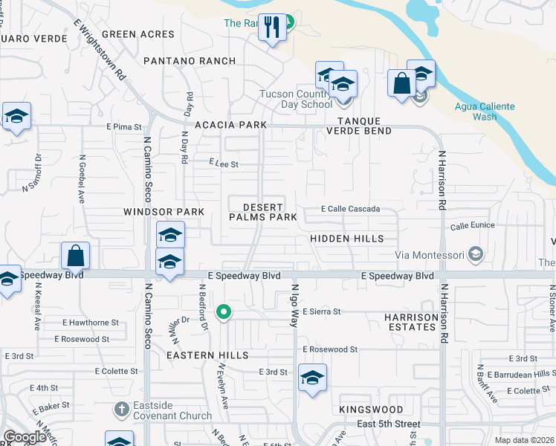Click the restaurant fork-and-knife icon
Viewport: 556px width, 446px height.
pos(271,28)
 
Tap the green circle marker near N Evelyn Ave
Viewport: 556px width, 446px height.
pos(222,312)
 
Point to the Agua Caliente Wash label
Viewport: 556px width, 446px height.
pos(485,111)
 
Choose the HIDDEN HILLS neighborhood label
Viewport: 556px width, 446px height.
pos(347,239)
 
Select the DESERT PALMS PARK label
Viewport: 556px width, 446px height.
pos(263,211)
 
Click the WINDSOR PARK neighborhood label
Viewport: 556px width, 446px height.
pos(164,212)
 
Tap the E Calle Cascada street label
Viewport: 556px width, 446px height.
pos(350,210)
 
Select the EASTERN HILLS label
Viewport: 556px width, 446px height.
pos(207,356)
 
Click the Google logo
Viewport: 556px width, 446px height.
pos(25,437)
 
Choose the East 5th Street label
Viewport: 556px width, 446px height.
pos(388,424)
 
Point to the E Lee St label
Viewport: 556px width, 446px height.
pos(224,164)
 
